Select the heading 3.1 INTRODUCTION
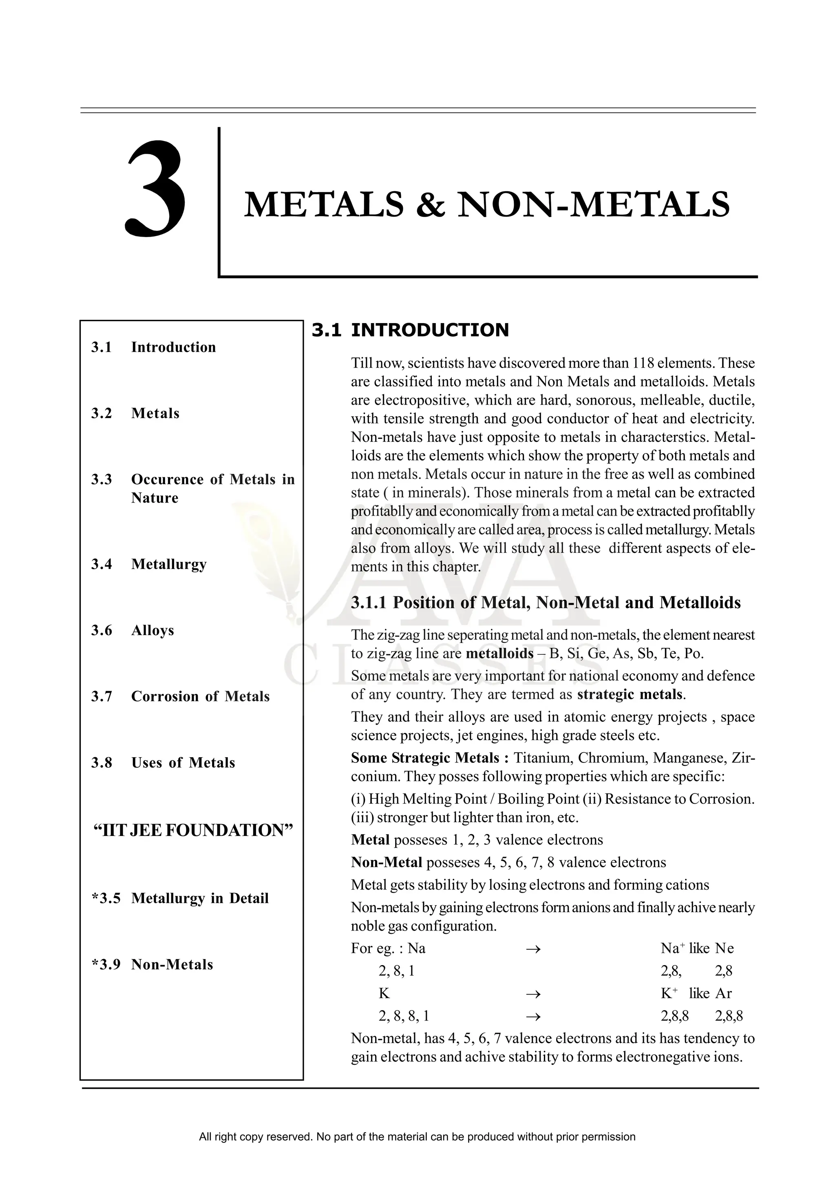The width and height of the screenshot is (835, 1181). [x=410, y=330]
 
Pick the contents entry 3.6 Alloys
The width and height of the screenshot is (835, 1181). [x=133, y=630]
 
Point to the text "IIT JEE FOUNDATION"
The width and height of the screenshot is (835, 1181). [x=193, y=830]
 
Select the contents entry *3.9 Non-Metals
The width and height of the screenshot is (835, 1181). [x=152, y=964]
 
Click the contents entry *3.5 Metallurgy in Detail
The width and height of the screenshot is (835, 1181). [x=180, y=898]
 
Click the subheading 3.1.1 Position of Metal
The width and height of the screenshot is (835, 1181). [x=546, y=603]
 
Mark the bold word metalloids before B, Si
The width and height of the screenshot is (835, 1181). [x=499, y=654]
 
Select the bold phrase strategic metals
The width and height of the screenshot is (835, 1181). [x=630, y=695]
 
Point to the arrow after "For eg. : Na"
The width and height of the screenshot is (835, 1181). [x=533, y=948]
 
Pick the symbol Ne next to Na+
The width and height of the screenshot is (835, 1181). [x=724, y=948]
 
